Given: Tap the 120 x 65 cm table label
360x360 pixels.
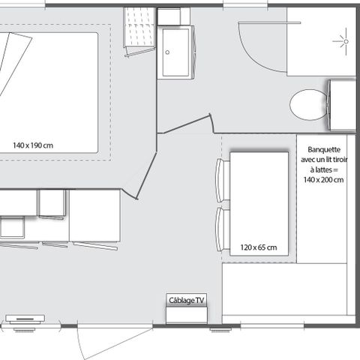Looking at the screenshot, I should [259, 247].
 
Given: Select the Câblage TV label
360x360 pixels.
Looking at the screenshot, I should [185, 301].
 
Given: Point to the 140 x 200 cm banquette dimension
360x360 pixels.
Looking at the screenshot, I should [323, 180].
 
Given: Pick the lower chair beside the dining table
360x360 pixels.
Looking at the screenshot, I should [220, 230].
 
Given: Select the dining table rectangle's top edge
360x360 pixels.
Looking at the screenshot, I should [259, 152].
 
